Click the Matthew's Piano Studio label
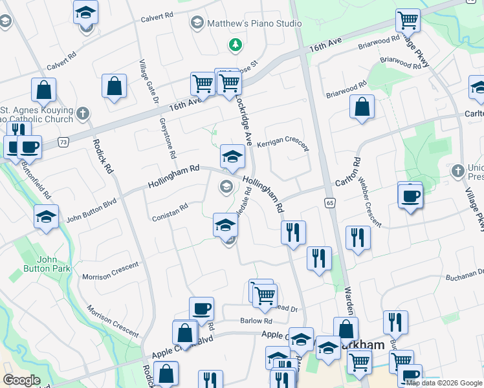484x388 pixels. pos(254,24)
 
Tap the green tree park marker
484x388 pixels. pos(234,45)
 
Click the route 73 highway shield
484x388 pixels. pos(63,141)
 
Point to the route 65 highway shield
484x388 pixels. pos(329,202)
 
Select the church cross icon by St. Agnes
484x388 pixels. pos(82,114)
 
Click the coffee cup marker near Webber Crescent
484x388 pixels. pos(410,196)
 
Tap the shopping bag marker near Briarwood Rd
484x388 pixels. pos(362,108)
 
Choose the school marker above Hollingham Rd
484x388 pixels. pos(232,156)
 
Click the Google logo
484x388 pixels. pos(21,380)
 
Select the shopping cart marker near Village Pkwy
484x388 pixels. pos(408,20)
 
